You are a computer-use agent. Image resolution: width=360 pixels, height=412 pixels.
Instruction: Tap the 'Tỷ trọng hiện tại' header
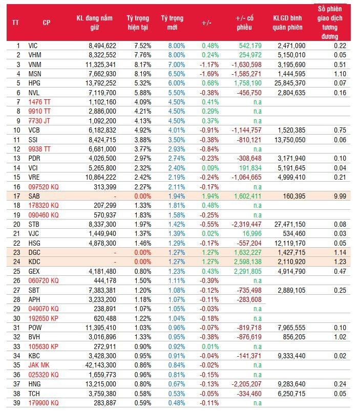click(138, 23)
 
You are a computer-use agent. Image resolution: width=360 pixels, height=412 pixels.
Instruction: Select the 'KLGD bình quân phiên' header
click(288, 23)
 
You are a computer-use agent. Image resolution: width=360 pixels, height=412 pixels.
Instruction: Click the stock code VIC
click(33, 46)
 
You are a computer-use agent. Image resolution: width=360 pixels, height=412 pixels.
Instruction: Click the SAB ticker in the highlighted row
click(34, 196)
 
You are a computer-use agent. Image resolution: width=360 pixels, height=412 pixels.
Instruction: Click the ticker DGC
click(34, 252)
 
